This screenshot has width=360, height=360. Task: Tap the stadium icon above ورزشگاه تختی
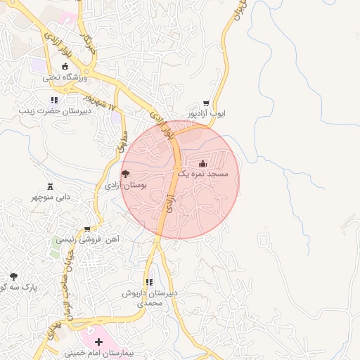pos(66,66)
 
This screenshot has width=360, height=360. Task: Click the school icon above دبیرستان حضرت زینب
pos(54,100)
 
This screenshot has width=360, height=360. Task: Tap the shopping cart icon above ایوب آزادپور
pos(206,103)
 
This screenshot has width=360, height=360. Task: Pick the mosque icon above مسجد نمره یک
pos(204,163)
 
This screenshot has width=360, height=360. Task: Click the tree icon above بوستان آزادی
pos(125,174)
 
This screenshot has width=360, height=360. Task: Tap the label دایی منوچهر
pos(50,197)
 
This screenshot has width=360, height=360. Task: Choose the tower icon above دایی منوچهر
pos(50,186)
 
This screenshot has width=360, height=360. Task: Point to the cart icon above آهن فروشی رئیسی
pos(86,229)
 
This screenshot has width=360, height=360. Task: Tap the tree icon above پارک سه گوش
pos(13,276)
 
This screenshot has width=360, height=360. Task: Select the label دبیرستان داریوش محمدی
pos(150,297)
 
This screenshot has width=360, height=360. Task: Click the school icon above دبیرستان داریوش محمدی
pos(149,282)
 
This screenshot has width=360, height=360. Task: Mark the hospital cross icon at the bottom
pos(98,342)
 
